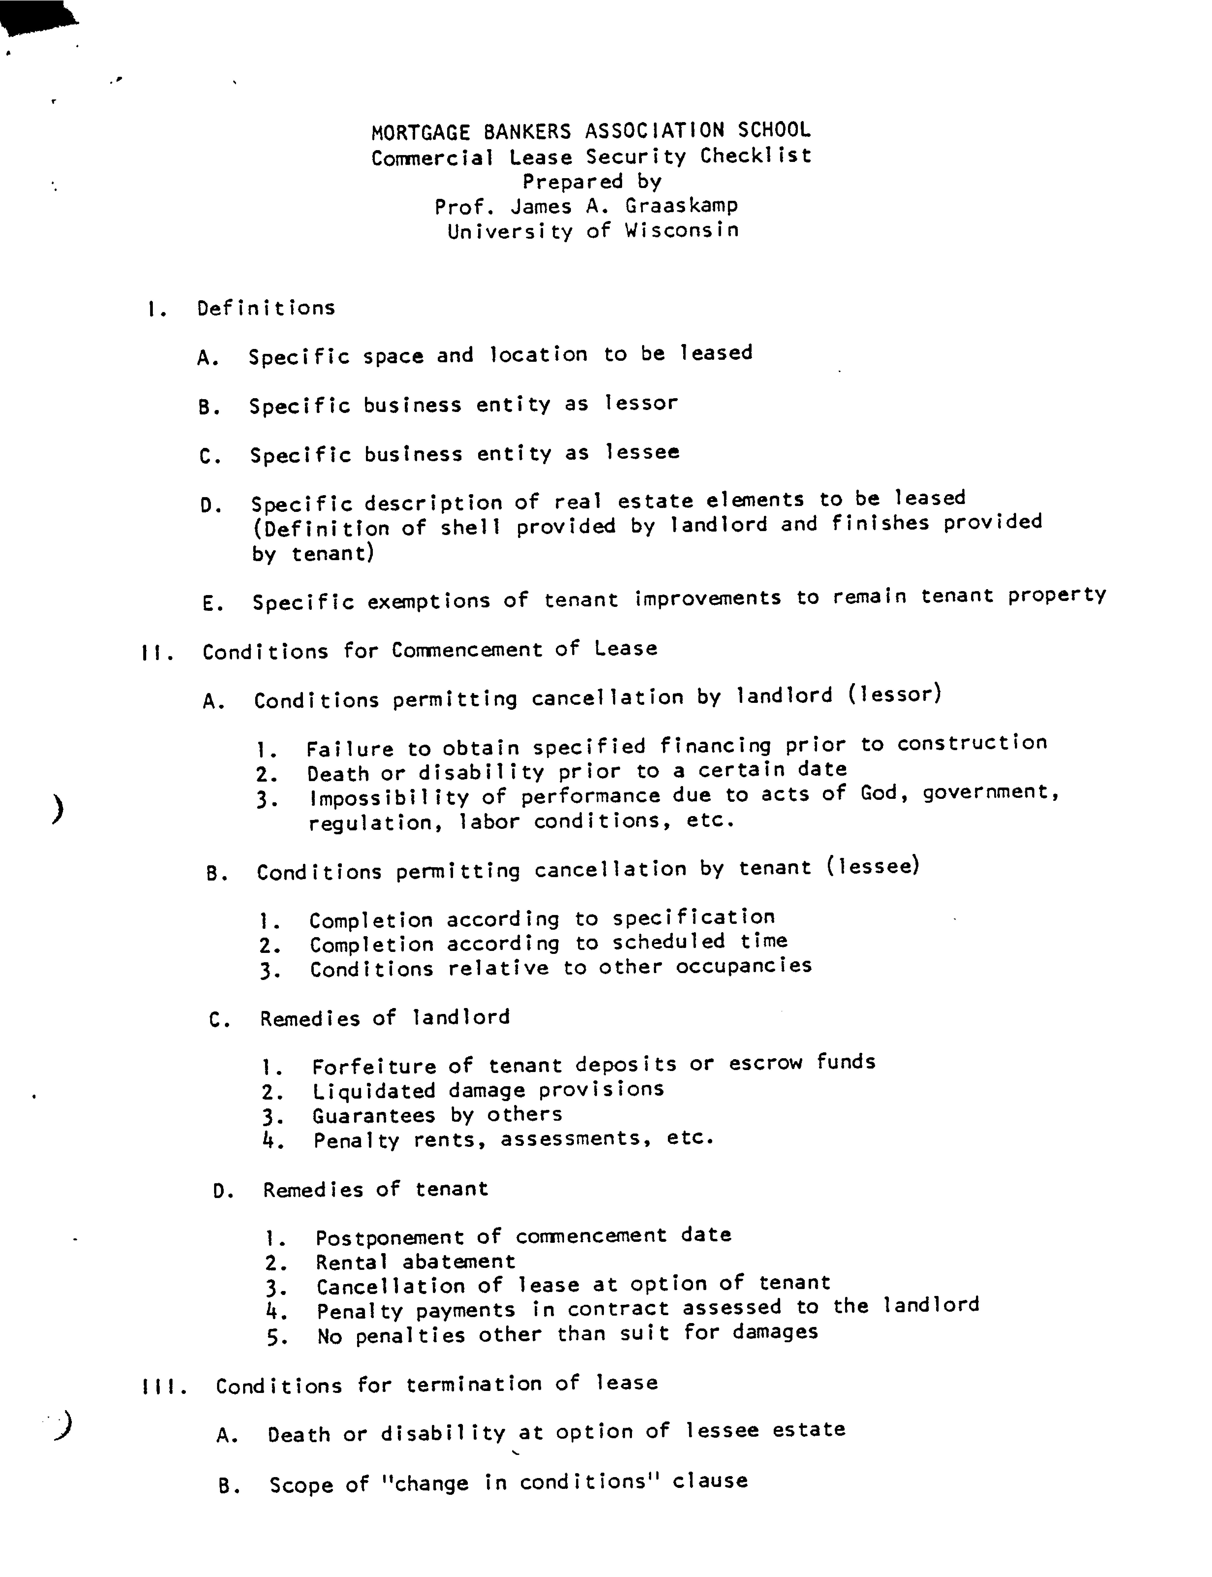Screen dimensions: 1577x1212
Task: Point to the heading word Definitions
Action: (x=266, y=308)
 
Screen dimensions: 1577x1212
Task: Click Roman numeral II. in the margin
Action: (x=157, y=654)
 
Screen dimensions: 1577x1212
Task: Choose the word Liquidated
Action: (x=374, y=1091)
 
